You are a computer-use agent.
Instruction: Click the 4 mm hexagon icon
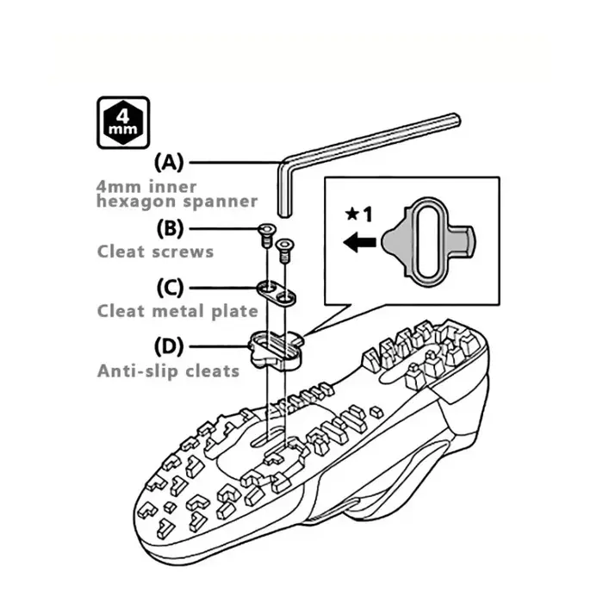[x=123, y=122]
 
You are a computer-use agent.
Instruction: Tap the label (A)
[x=169, y=162]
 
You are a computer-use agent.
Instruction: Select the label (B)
[x=170, y=228]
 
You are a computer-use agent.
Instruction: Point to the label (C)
[x=170, y=288]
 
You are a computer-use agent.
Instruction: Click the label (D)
[x=169, y=346]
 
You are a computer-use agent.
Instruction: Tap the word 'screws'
[x=183, y=252]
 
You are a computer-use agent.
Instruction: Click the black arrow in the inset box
[x=359, y=243]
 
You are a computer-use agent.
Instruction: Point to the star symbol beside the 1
[x=351, y=214]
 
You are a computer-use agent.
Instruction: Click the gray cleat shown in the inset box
[x=428, y=242]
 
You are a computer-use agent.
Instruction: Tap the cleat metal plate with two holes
[x=277, y=293]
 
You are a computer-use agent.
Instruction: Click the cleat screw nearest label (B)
[x=266, y=234]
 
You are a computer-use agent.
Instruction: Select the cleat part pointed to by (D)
[x=277, y=350]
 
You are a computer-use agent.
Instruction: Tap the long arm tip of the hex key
[x=456, y=119]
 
